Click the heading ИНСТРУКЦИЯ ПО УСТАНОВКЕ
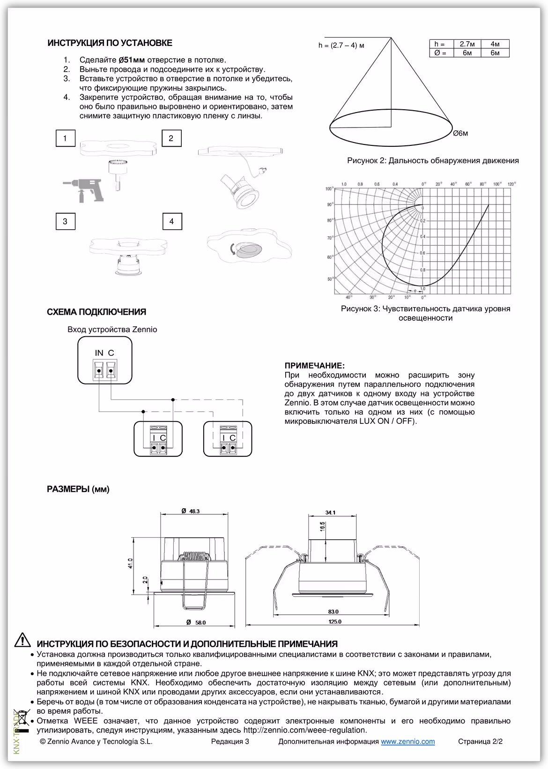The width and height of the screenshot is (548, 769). tap(110, 43)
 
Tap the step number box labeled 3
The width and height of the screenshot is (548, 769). tap(65, 221)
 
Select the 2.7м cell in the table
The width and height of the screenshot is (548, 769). tap(467, 44)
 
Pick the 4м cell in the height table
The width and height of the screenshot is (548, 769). tap(495, 44)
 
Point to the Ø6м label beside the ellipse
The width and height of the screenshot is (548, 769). tap(460, 134)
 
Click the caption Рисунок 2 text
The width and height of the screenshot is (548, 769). tap(432, 161)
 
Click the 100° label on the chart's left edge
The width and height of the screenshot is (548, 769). tap(329, 189)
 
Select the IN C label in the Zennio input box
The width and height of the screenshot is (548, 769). tap(104, 353)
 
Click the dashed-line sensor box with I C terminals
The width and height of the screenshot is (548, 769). tap(228, 438)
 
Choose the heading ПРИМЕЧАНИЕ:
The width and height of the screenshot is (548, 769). tap(314, 366)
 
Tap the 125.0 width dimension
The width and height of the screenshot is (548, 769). tap(335, 622)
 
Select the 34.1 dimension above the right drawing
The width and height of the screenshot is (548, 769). tap(330, 513)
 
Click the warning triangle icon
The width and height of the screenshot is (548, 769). tap(22, 640)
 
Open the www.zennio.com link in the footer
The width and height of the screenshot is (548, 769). tap(407, 742)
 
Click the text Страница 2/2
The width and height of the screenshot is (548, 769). tap(480, 742)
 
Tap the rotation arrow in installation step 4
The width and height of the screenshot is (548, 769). tap(231, 249)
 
